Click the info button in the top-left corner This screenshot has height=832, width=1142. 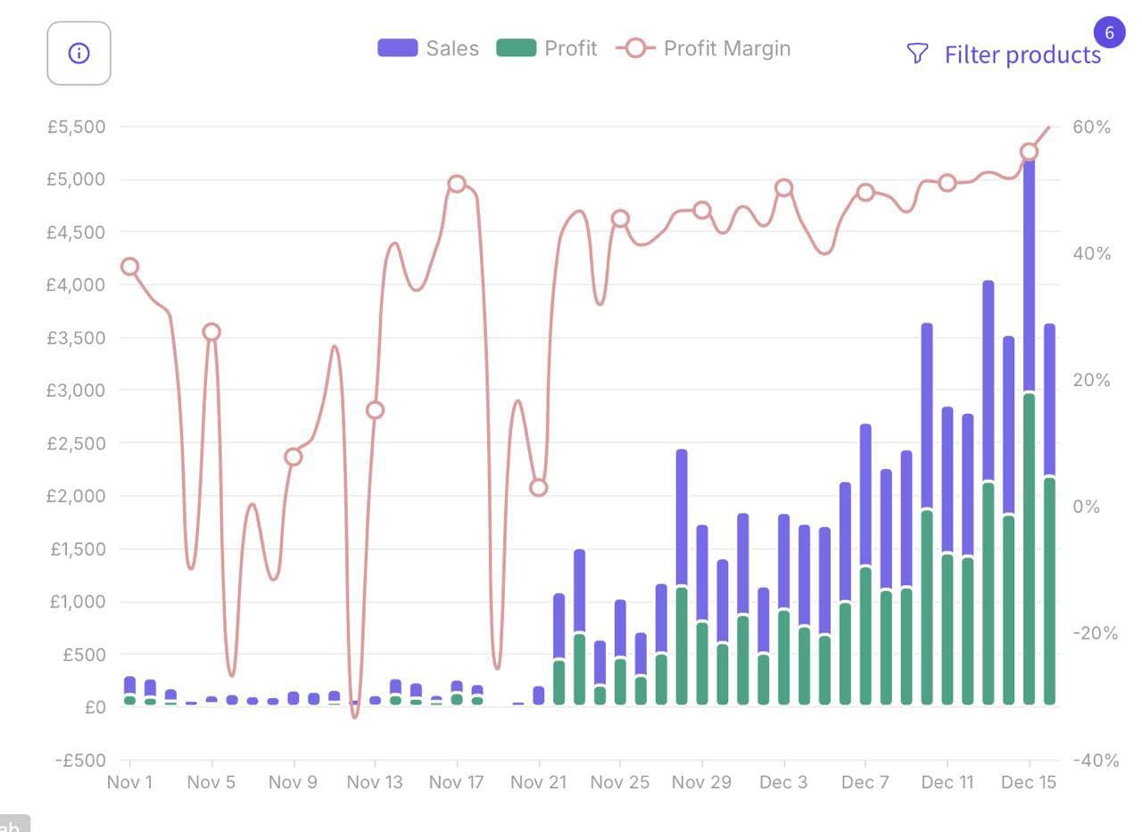point(79,54)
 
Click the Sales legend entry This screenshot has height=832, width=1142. point(428,48)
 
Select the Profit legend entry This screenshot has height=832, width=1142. point(547,48)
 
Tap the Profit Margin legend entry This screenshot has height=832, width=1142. point(704,48)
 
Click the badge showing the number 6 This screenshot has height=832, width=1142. point(1109,33)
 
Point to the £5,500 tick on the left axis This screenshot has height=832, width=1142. point(76,127)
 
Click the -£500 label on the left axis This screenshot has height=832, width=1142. point(79,761)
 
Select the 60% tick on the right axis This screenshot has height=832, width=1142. point(1091,127)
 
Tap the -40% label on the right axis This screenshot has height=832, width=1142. point(1094,761)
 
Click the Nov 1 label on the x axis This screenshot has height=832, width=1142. point(129,782)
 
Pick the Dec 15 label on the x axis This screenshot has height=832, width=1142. point(1029,782)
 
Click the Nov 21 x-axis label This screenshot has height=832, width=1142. point(538,782)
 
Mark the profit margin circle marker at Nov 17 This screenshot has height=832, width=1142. point(457,184)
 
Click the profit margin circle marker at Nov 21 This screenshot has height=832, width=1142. point(538,488)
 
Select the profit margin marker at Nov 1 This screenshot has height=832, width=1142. point(129,267)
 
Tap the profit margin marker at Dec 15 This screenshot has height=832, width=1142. point(1029,152)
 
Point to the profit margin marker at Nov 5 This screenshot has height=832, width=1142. point(211,332)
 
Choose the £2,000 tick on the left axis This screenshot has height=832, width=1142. point(76,496)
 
